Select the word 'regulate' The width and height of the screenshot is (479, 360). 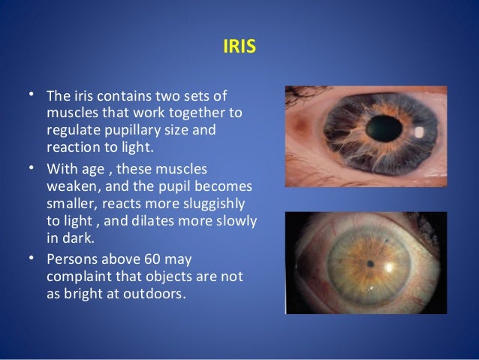[x=70, y=129]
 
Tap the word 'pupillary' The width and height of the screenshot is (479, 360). [x=124, y=129]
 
